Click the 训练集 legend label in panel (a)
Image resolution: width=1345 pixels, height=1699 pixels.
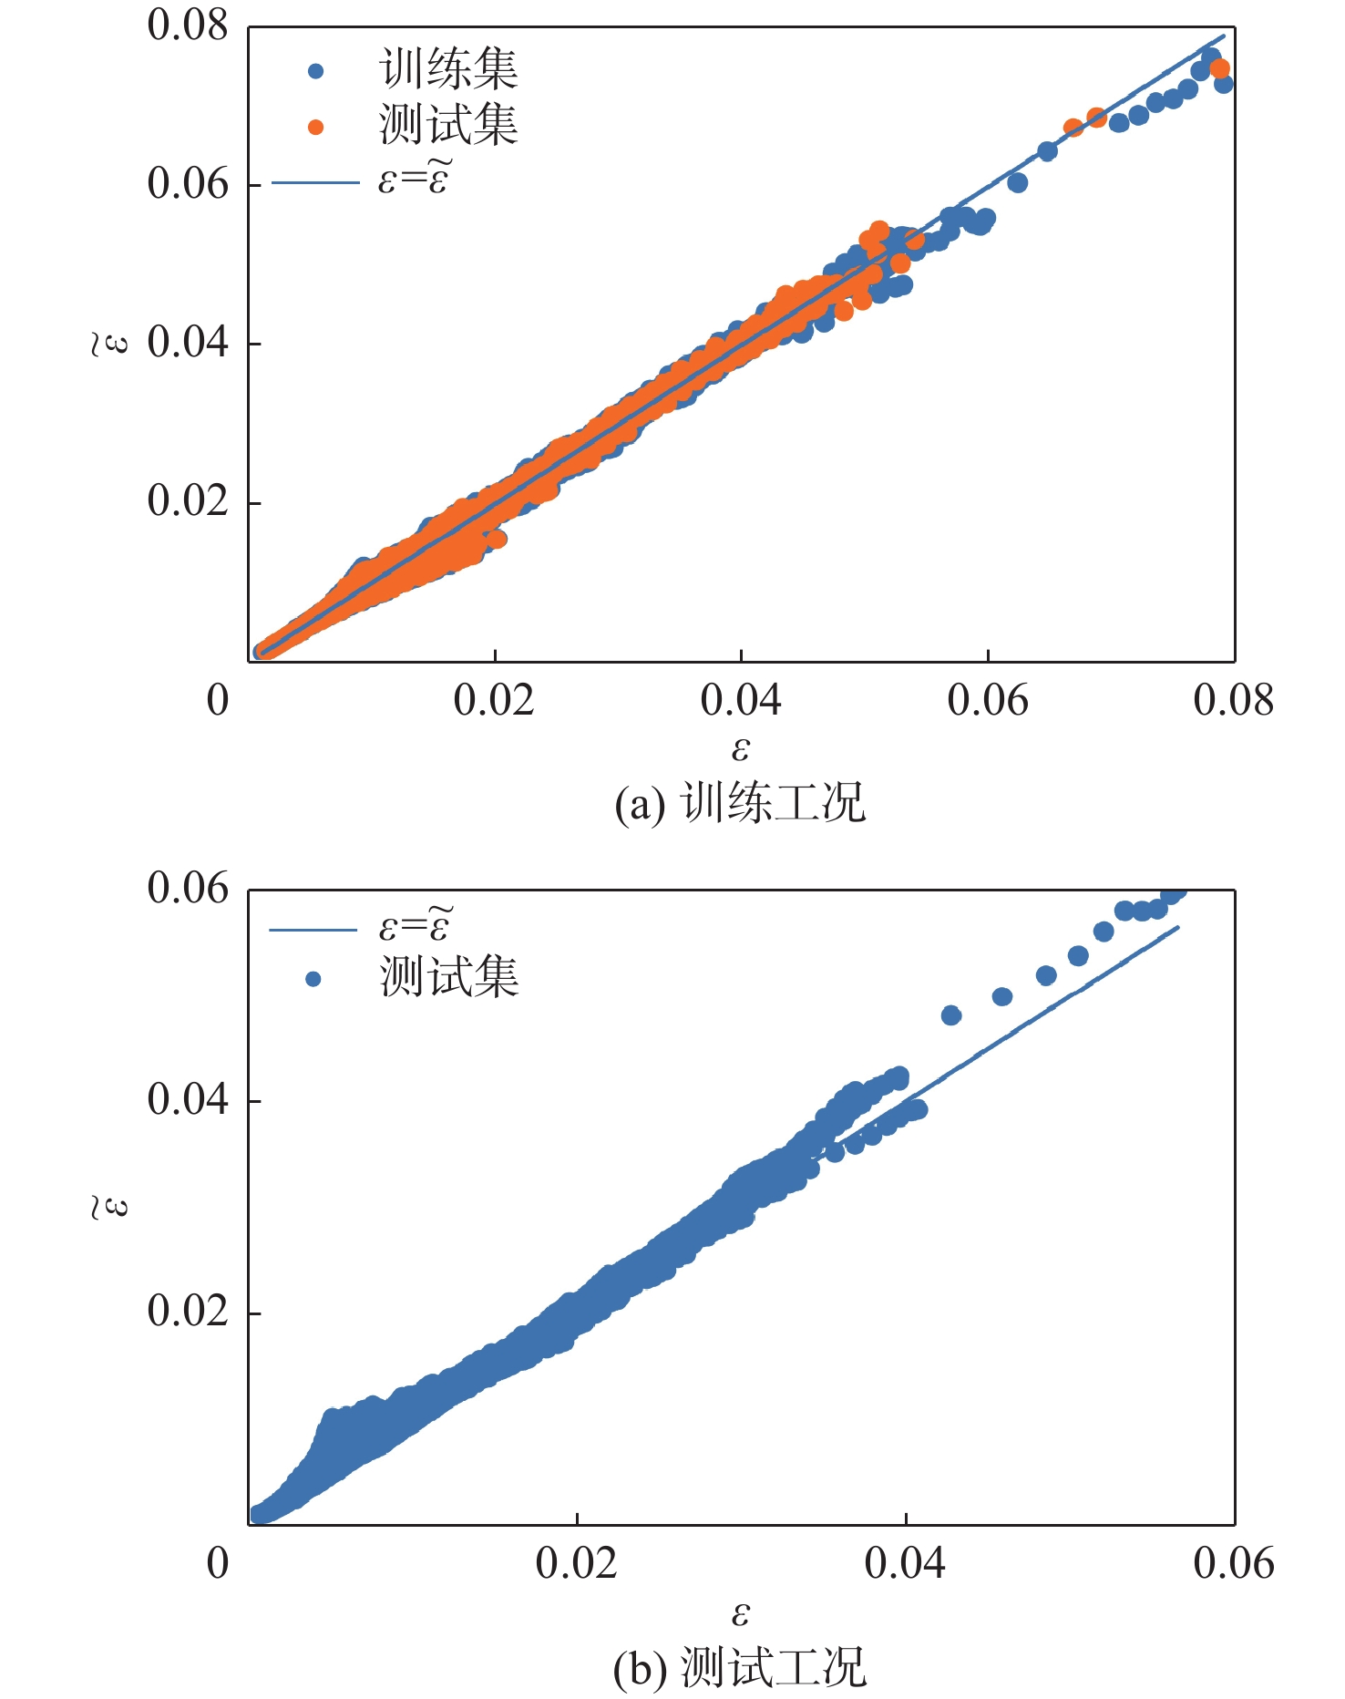point(448,69)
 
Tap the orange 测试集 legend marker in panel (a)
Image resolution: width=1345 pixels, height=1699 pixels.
point(315,127)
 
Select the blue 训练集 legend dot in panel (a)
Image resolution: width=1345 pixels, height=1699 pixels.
point(315,71)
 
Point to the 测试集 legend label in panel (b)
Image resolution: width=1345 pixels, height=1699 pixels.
point(449,977)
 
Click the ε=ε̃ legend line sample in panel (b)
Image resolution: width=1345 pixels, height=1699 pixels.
point(313,930)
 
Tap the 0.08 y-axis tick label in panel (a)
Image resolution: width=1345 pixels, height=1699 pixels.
point(188,26)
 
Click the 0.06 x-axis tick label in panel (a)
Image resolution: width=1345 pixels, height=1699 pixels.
point(987,700)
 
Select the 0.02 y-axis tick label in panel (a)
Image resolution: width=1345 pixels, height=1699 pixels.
point(188,500)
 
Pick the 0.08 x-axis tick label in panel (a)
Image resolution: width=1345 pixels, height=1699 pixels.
point(1233,700)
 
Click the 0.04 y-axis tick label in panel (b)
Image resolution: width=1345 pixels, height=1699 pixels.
point(188,1099)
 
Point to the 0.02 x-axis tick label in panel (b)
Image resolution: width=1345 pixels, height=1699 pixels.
point(576,1562)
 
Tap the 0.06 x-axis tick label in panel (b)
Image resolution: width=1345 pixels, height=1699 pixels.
point(1233,1562)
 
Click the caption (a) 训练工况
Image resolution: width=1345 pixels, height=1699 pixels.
point(739,803)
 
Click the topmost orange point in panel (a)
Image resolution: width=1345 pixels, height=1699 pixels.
point(1219,68)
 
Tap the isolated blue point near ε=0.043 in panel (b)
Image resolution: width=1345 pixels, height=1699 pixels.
point(950,1015)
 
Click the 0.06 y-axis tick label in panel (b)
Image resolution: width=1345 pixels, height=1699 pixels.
point(188,889)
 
